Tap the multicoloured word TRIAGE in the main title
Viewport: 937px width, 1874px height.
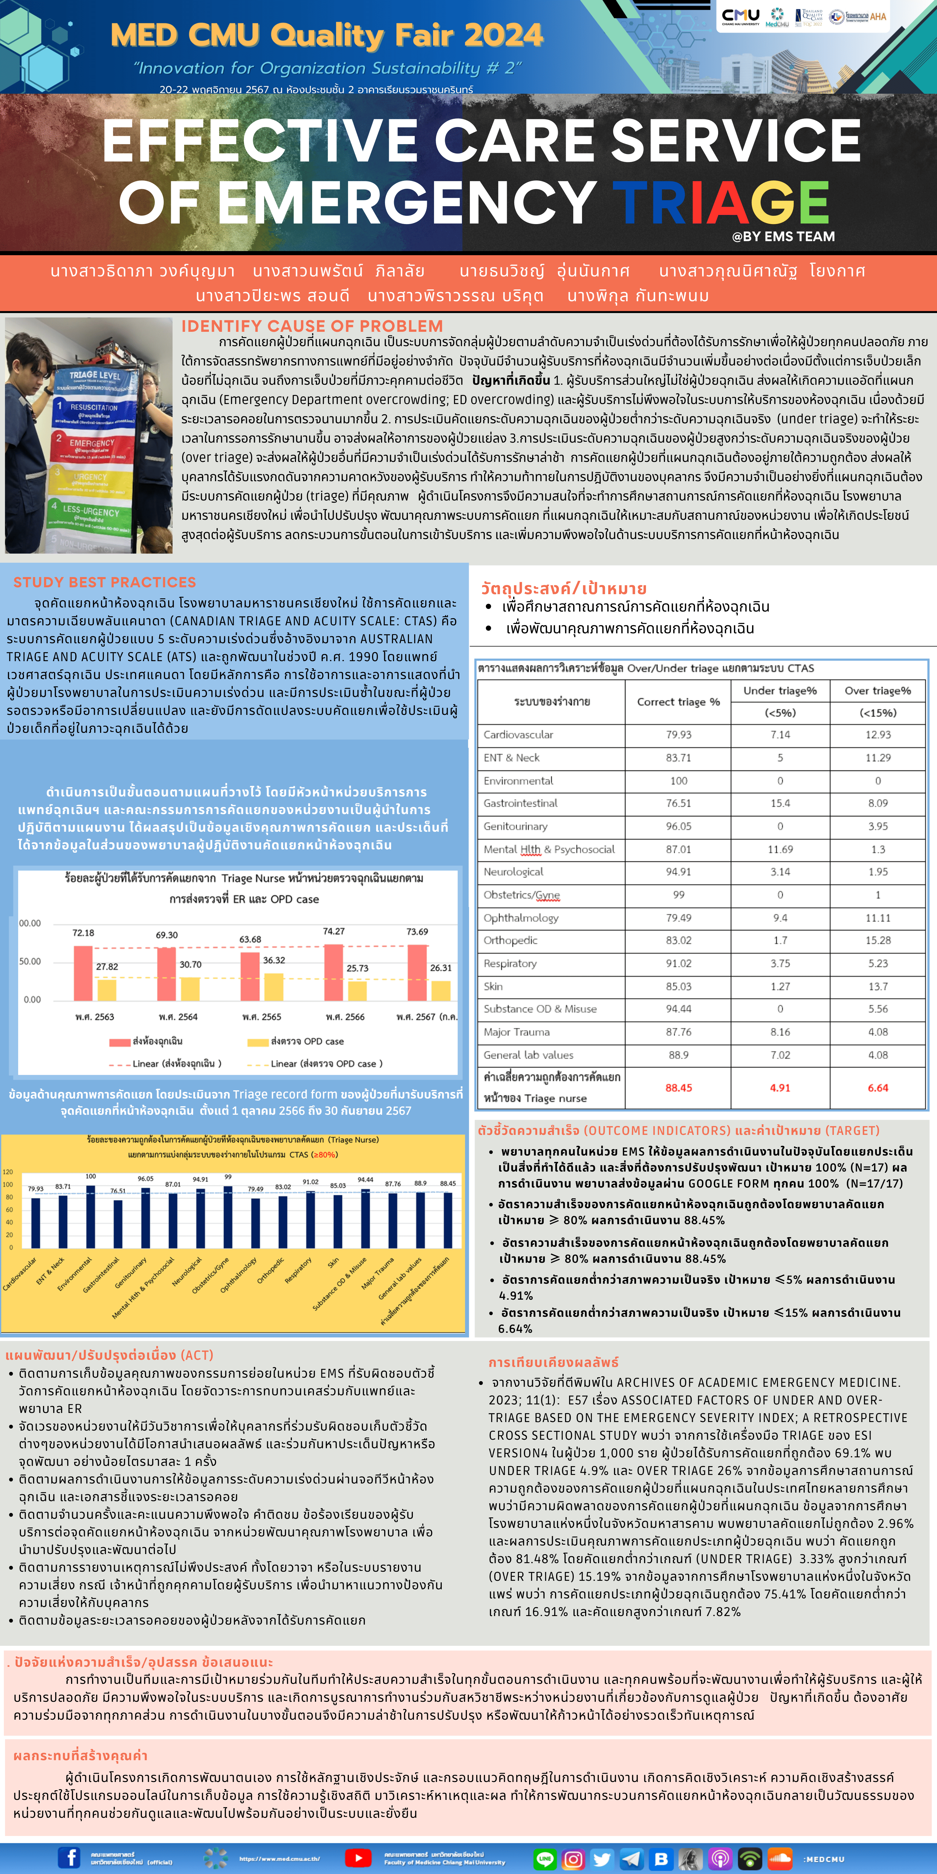click(720, 202)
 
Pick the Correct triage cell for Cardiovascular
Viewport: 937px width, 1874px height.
click(678, 735)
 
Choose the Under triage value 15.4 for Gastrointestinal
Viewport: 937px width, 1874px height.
click(780, 803)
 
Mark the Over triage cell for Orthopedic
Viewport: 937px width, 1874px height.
click(877, 941)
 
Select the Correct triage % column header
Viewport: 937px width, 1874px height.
click(678, 702)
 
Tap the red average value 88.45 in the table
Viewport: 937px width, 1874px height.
click(678, 1087)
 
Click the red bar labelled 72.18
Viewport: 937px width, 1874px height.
click(83, 973)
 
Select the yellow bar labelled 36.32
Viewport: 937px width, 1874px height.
click(274, 987)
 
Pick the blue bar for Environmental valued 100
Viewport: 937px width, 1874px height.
click(90, 1216)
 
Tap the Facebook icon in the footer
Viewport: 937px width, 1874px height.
click(69, 1857)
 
